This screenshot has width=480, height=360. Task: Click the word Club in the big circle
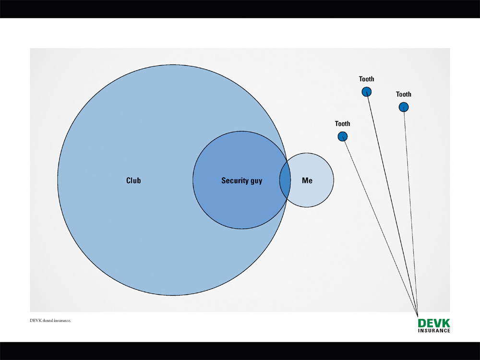click(133, 180)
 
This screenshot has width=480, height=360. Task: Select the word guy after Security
click(256, 181)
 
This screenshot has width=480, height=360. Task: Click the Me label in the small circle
click(307, 180)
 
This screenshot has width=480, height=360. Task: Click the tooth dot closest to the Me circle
click(342, 137)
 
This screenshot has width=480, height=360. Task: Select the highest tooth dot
click(366, 92)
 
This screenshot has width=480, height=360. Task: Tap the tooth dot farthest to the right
click(404, 107)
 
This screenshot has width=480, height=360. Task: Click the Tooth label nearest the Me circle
click(342, 124)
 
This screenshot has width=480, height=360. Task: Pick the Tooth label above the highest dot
click(366, 79)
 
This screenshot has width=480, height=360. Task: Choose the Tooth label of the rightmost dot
click(404, 95)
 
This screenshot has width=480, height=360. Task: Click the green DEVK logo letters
click(434, 323)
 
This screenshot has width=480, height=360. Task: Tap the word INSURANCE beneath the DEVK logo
click(434, 330)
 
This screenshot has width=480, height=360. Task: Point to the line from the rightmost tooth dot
click(410, 206)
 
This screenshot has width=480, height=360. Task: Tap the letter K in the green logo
click(446, 323)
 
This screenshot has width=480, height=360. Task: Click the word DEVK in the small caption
click(36, 321)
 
